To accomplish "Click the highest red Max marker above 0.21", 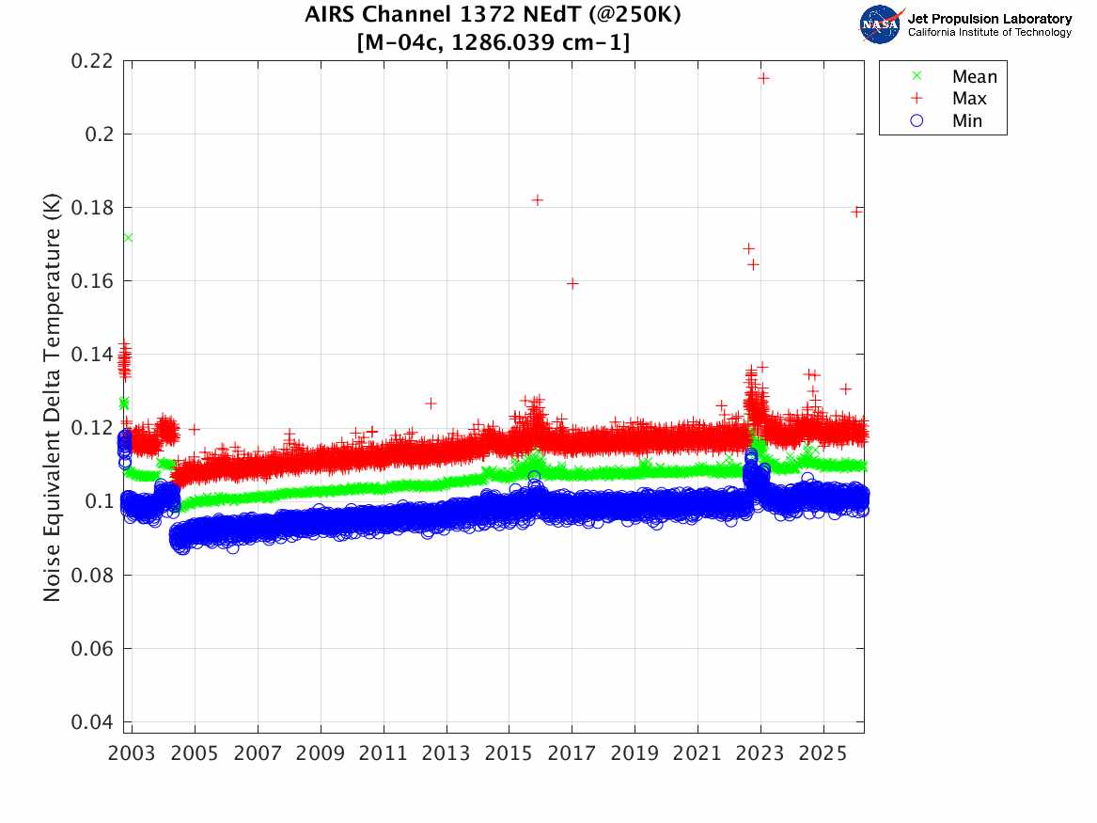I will point(763,78).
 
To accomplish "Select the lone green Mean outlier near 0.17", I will point(127,237).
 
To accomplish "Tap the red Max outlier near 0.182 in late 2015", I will point(537,200).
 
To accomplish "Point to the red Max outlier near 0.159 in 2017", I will point(572,283).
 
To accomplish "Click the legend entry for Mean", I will point(974,77).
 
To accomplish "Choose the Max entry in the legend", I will point(969,99).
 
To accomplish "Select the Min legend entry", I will point(967,120).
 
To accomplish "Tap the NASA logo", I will point(880,24).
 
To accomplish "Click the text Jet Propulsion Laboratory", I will point(989,19).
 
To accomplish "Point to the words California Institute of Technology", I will point(989,33).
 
